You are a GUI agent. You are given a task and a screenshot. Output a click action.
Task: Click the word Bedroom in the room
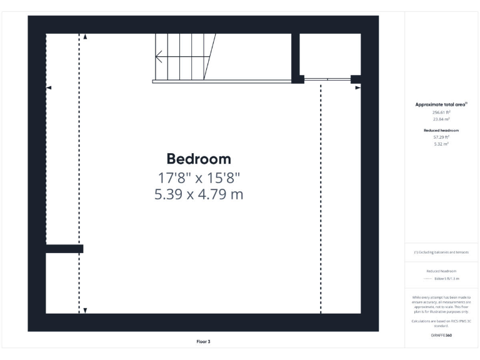[199, 159]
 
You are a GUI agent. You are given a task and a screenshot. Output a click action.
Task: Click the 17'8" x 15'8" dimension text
[199, 177]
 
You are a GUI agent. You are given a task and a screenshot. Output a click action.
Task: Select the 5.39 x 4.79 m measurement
[199, 194]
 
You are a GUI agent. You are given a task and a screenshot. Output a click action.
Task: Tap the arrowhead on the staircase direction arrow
[158, 60]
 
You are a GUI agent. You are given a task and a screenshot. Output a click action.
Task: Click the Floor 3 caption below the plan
[203, 342]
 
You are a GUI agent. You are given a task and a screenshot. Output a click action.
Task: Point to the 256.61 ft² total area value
[442, 112]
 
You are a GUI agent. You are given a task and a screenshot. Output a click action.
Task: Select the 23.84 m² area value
[442, 119]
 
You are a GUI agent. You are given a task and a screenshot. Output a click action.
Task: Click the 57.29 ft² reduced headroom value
[442, 137]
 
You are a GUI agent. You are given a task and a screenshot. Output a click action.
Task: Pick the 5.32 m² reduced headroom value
[442, 144]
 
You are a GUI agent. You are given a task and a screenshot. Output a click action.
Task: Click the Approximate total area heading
[441, 104]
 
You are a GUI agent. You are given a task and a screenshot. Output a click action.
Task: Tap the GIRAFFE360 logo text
[442, 336]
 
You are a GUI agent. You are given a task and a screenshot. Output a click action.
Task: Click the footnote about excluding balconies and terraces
[442, 252]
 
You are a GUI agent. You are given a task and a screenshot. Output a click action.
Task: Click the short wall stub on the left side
[64, 249]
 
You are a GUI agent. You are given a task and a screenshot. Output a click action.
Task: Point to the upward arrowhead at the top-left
[86, 37]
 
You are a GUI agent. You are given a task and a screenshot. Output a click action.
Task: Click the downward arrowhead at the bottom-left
[86, 310]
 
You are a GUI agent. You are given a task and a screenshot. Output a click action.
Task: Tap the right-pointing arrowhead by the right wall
[358, 88]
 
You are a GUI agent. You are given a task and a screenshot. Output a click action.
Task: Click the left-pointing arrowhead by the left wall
[49, 88]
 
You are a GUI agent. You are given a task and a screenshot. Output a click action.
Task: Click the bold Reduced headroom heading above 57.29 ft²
[442, 130]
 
